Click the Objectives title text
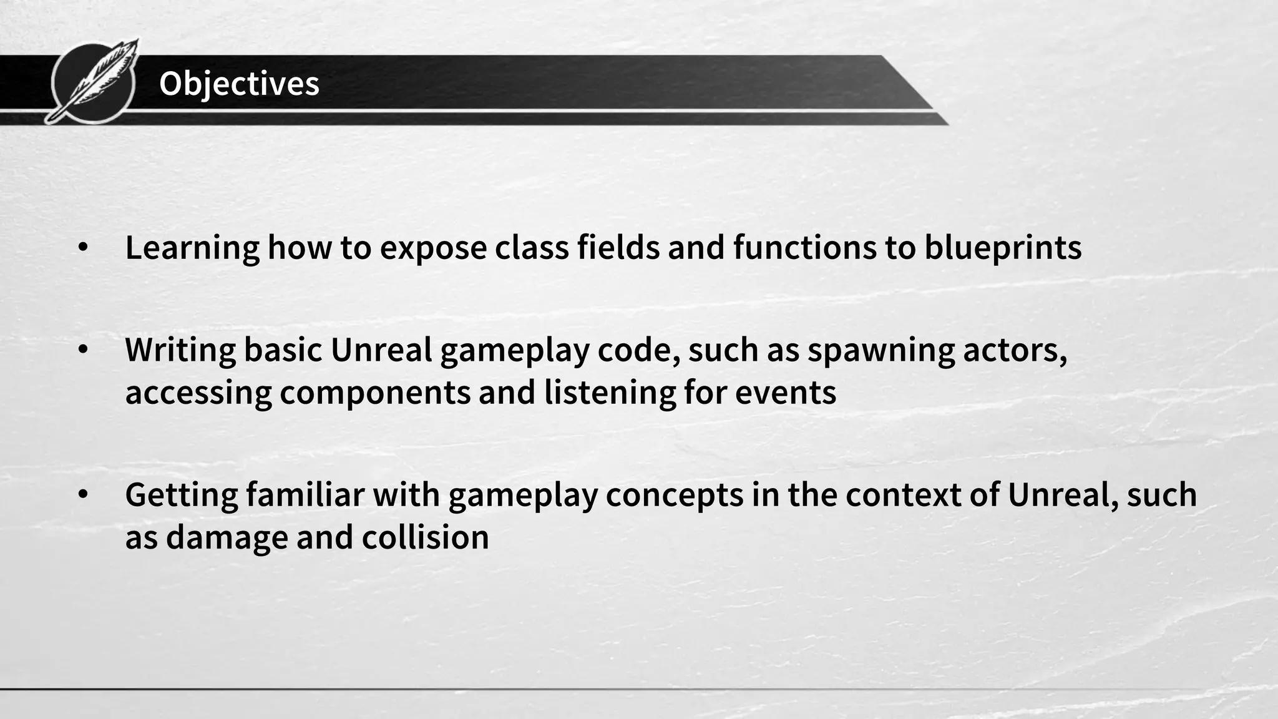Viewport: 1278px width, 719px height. (x=239, y=84)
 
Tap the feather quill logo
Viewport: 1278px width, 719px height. (x=94, y=81)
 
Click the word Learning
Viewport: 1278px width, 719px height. (x=192, y=248)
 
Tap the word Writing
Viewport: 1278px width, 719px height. (x=180, y=350)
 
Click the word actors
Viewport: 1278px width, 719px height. (x=1015, y=350)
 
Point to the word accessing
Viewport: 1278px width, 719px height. (x=198, y=393)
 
